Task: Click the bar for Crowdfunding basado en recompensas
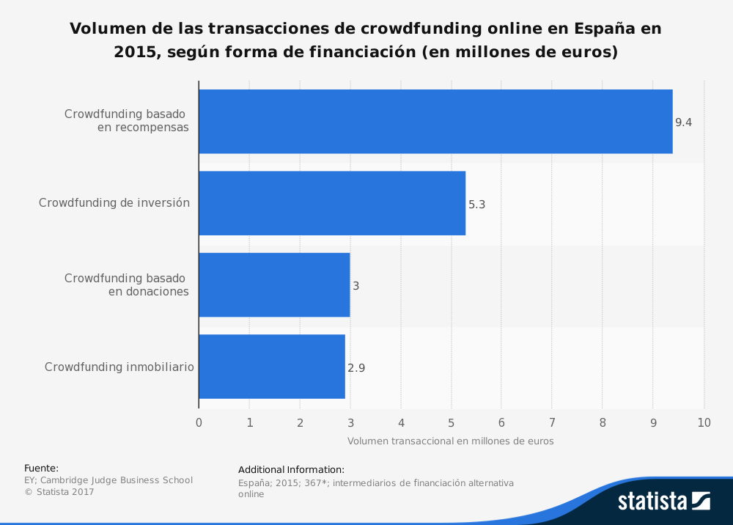tap(435, 122)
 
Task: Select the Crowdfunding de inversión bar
tap(332, 203)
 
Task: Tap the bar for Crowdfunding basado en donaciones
tap(274, 285)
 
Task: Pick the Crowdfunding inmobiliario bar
tap(272, 367)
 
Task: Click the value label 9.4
tap(683, 122)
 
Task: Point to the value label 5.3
tap(476, 205)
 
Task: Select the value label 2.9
tap(356, 368)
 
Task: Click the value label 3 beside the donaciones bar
tap(356, 286)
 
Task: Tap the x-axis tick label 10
tap(703, 422)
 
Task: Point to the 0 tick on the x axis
tap(199, 422)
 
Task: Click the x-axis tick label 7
tap(552, 422)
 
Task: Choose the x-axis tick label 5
tap(451, 422)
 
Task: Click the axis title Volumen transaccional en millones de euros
tap(450, 441)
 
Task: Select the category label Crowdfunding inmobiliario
tap(119, 367)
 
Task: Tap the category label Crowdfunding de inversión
tap(114, 203)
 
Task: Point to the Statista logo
tap(663, 501)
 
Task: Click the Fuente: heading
tap(41, 468)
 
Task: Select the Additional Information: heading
tap(291, 469)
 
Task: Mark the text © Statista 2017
tap(59, 492)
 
